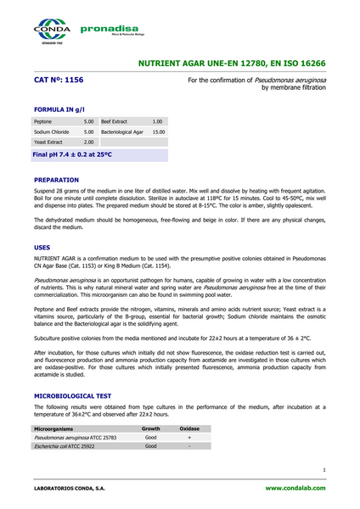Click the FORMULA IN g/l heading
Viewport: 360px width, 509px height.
61,110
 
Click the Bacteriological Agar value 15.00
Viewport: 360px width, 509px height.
158,132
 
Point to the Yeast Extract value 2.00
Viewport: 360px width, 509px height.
88,143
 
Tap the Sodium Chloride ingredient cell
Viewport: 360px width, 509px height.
52,132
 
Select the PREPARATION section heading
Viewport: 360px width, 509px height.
56,180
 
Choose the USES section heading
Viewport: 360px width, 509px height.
42,247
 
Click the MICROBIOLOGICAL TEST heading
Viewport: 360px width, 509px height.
74,396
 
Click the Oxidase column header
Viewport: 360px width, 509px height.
189,429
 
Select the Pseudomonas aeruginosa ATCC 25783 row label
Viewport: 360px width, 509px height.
75,438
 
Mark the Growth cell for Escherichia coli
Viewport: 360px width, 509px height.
150,446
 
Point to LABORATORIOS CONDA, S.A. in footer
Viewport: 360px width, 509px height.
70,489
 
